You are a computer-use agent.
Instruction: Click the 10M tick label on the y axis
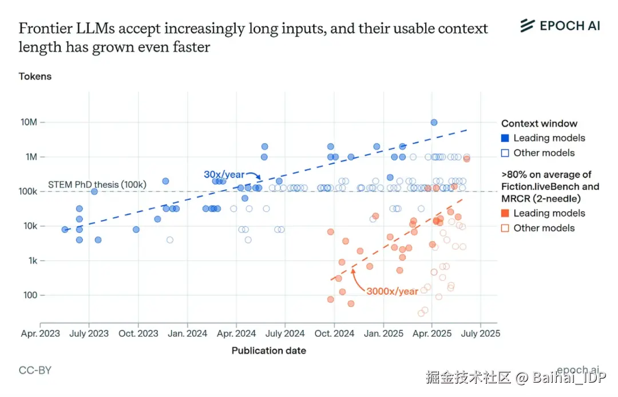pyautogui.click(x=29, y=122)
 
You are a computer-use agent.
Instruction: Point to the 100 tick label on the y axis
pyautogui.click(x=30, y=296)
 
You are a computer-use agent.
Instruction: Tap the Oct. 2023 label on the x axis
pyautogui.click(x=138, y=333)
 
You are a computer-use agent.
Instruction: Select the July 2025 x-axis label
pyautogui.click(x=480, y=333)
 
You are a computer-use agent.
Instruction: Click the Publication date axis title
pyautogui.click(x=268, y=351)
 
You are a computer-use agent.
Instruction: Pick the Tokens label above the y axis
pyautogui.click(x=35, y=76)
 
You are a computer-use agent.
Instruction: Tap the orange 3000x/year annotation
pyautogui.click(x=392, y=291)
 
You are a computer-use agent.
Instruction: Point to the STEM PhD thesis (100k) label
pyautogui.click(x=97, y=184)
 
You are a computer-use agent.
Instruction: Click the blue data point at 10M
pyautogui.click(x=434, y=122)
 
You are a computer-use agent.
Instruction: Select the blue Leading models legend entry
pyautogui.click(x=548, y=138)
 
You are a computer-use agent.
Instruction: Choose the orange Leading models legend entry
pyautogui.click(x=548, y=213)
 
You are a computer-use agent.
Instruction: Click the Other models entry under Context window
pyautogui.click(x=543, y=153)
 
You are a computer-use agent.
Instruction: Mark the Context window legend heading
pyautogui.click(x=539, y=123)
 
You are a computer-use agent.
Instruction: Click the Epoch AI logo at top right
pyautogui.click(x=560, y=25)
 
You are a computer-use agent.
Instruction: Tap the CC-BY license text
pyautogui.click(x=35, y=370)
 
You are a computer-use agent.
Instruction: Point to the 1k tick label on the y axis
pyautogui.click(x=32, y=261)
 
